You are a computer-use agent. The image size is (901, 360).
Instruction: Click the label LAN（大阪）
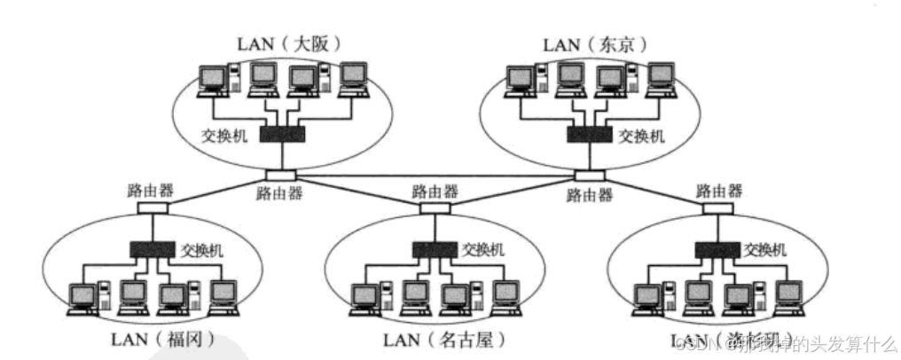(x=288, y=42)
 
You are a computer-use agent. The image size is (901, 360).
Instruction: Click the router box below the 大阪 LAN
(x=278, y=175)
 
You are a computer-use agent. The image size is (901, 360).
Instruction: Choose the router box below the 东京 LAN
(x=589, y=175)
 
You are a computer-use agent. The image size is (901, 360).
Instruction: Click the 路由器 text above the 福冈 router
(x=149, y=190)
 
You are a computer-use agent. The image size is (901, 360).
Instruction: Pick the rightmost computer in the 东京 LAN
(x=660, y=80)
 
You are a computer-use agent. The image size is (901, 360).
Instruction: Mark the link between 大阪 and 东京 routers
(x=434, y=175)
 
